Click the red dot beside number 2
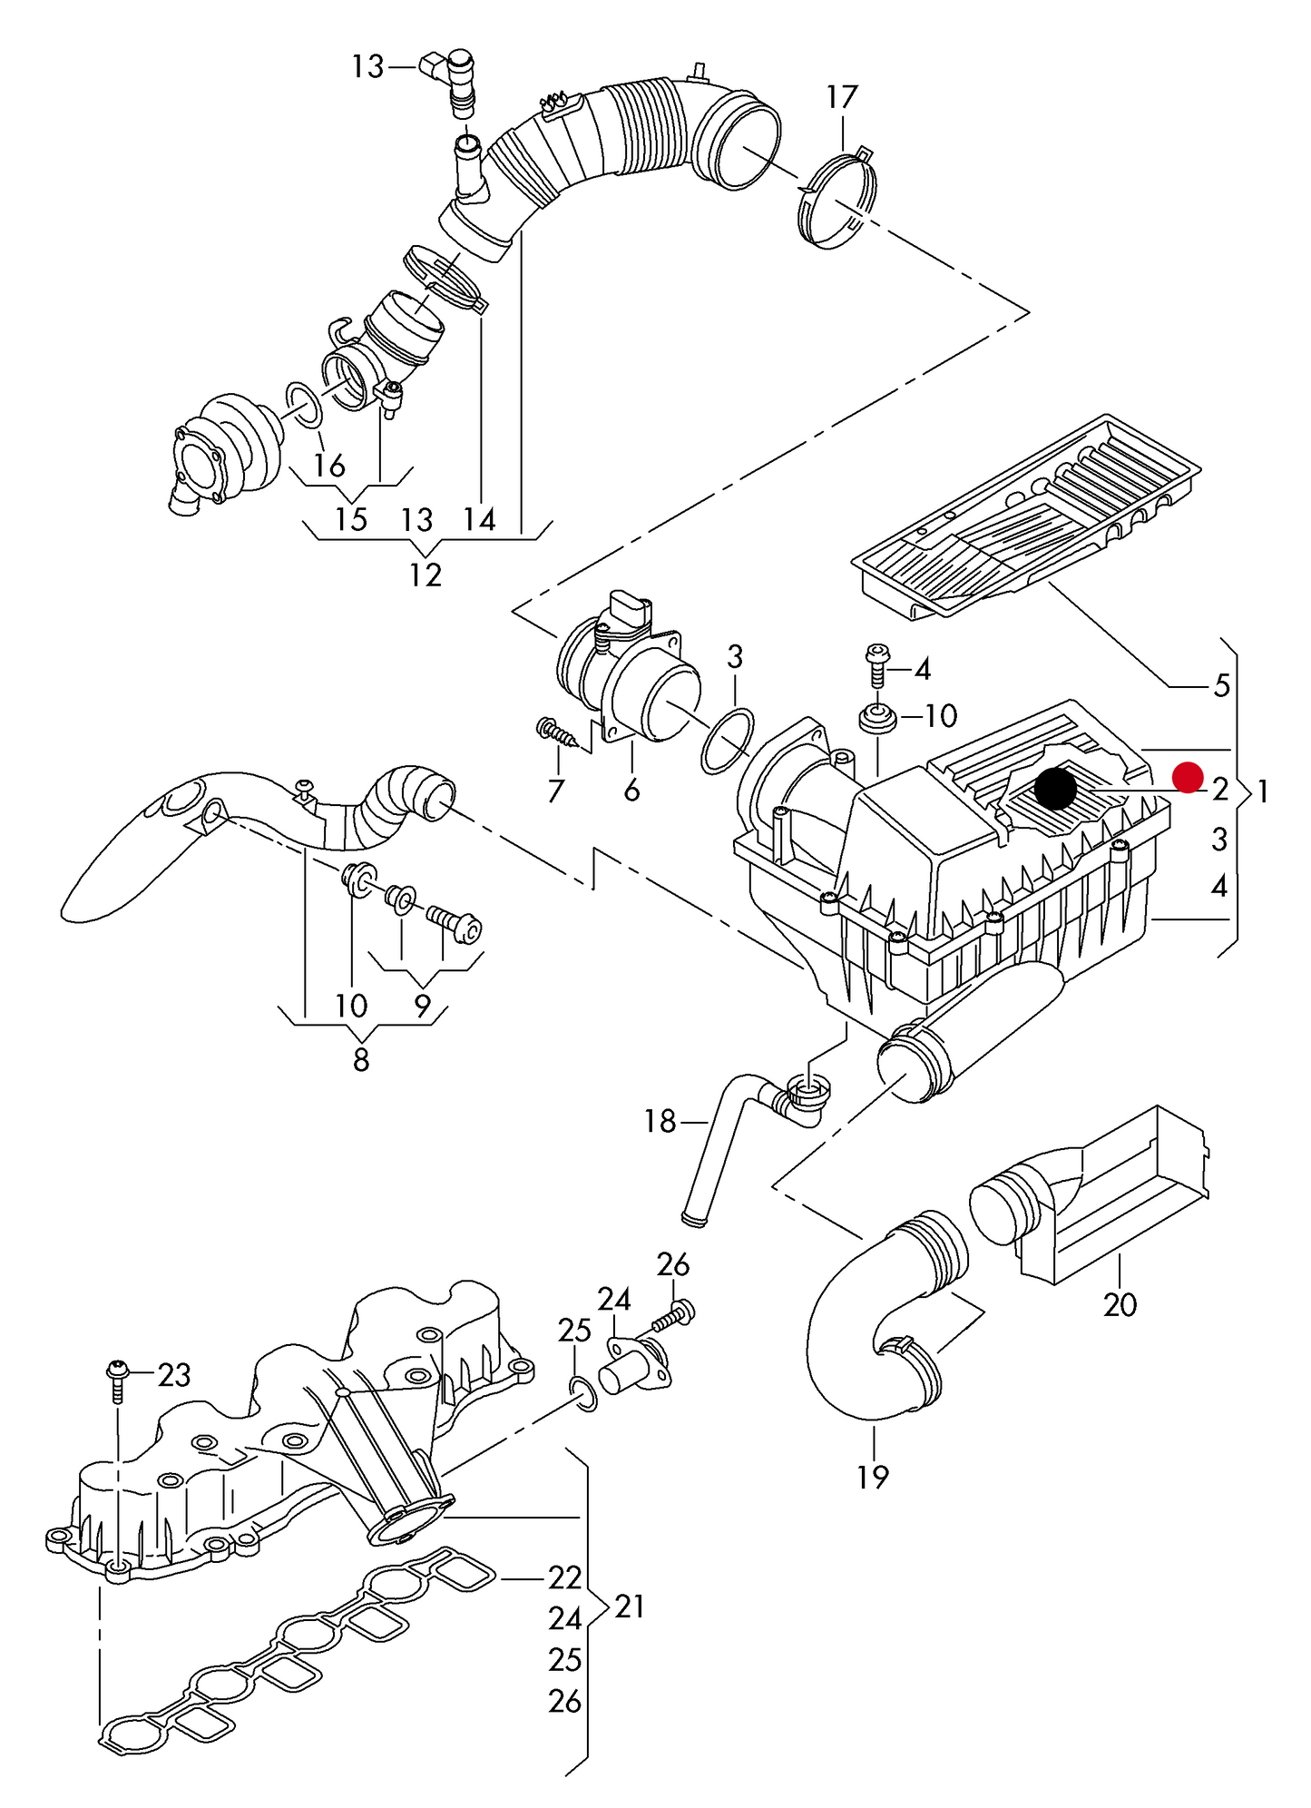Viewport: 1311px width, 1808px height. [x=1187, y=777]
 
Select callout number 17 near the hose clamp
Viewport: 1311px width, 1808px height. [x=841, y=96]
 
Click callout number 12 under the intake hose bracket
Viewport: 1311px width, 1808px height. [x=425, y=575]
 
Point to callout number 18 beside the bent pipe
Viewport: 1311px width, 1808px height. [x=660, y=1122]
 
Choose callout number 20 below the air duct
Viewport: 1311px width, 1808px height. [x=1120, y=1304]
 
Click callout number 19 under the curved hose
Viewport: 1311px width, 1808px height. [x=872, y=1477]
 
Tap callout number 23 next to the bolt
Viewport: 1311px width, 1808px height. [x=174, y=1375]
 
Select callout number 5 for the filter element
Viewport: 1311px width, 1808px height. [x=1221, y=685]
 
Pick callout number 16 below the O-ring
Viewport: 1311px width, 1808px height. [x=329, y=465]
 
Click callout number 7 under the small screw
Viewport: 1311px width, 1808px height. [x=555, y=791]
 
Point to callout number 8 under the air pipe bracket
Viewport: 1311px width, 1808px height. [x=361, y=1059]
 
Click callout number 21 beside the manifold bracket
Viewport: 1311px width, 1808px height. [x=630, y=1607]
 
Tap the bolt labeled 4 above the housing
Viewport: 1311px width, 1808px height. [x=877, y=665]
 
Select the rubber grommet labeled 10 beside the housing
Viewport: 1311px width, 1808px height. [x=877, y=718]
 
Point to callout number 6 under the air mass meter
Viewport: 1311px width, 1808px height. [x=631, y=790]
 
